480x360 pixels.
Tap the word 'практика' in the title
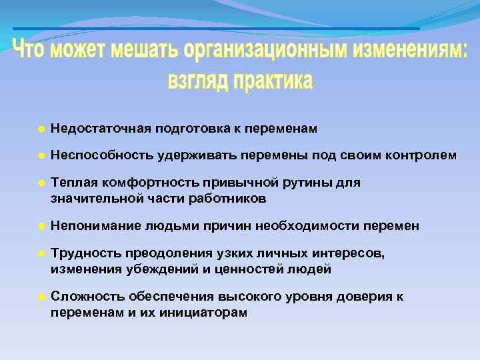271,81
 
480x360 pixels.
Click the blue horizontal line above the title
217,29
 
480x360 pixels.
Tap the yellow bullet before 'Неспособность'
41,155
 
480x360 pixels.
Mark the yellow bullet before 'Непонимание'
41,226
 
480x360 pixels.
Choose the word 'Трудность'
81,253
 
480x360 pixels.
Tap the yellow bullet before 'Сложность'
41,297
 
